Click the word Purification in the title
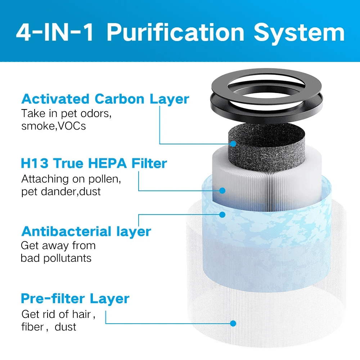[x=175, y=33]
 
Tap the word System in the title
[x=299, y=33]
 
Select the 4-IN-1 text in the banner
[x=55, y=33]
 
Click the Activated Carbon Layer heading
[x=105, y=99]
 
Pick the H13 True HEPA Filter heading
[x=94, y=163]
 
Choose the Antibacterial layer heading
[x=86, y=231]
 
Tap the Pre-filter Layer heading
[x=75, y=298]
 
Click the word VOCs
[x=72, y=126]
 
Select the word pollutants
[x=67, y=258]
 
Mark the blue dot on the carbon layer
[x=233, y=144]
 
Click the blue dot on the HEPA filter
[x=222, y=190]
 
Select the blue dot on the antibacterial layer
[x=222, y=215]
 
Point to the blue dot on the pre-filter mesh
[x=233, y=323]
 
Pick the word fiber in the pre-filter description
[x=32, y=327]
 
